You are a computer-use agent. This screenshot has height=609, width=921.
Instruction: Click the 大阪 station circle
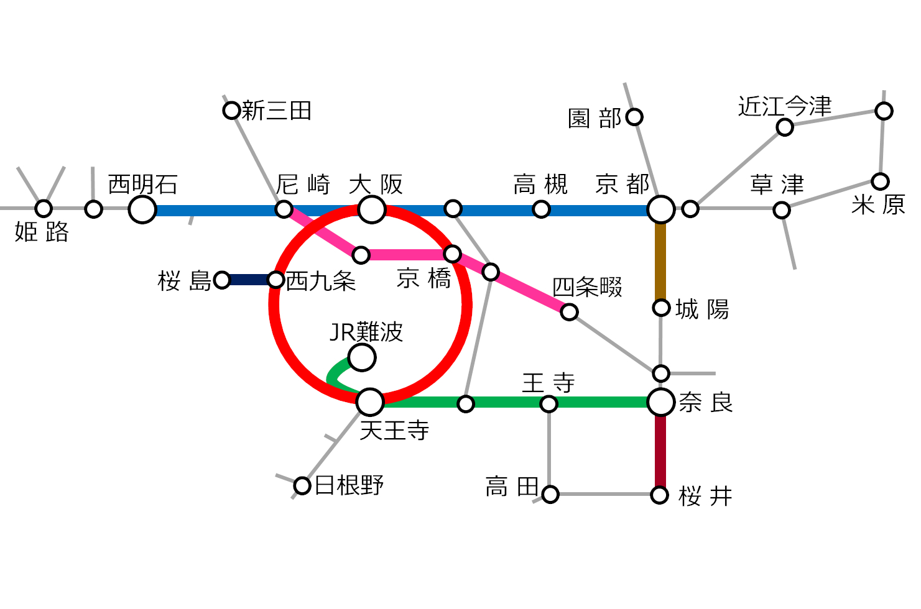pos(372,209)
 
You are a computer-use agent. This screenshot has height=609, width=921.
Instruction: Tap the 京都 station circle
pos(660,209)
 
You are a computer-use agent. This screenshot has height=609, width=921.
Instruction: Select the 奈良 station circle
pos(660,402)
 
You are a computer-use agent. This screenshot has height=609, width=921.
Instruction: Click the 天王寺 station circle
pos(371,402)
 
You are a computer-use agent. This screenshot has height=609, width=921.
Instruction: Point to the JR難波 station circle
pos(362,358)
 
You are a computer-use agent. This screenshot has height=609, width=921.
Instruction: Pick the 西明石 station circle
pos(142,209)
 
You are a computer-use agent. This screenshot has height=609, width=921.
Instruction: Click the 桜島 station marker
pos(222,280)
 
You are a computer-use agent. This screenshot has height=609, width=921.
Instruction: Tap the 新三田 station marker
pos(231,111)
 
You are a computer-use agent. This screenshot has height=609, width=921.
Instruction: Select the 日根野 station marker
pos(302,485)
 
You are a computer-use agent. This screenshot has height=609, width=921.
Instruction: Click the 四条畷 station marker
pos(569,311)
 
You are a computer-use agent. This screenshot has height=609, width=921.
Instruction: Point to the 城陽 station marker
pos(661,308)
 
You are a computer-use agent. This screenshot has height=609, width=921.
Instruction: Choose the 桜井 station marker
pos(660,495)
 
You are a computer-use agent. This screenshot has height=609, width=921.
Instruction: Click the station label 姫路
pos(42,232)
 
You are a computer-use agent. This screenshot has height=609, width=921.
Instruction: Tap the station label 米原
pos(878,204)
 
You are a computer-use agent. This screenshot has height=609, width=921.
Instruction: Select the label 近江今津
pos(785,106)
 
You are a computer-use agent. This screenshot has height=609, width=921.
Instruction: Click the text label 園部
pos(595,118)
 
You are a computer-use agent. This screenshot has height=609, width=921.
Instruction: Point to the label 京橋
pos(424,278)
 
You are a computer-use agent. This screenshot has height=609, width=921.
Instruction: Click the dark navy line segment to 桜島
pos(249,280)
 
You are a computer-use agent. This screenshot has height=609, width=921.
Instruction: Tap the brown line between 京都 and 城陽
pos(660,261)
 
